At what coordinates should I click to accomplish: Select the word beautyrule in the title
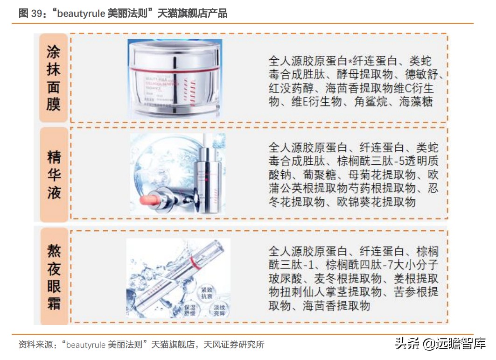click(x=82, y=14)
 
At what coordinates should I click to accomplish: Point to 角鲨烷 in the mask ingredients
click(x=371, y=102)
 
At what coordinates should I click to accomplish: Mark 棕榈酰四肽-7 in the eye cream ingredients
click(x=355, y=265)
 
